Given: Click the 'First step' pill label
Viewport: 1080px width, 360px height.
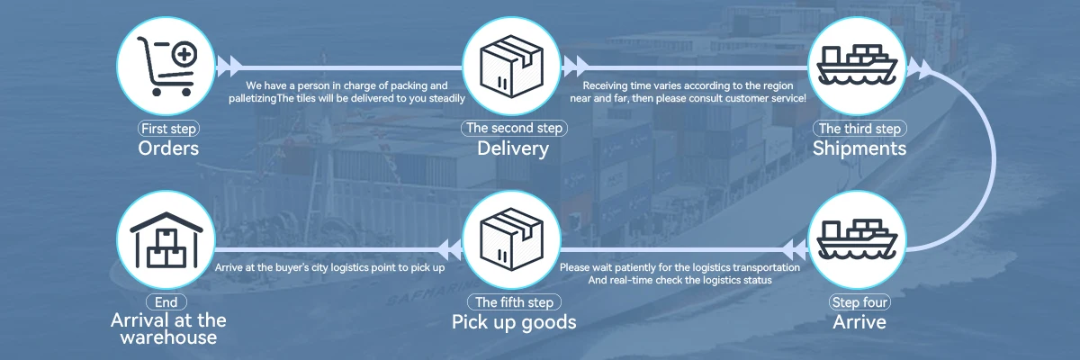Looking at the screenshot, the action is [168, 129].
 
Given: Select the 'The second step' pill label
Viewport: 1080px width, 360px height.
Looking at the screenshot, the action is [513, 129].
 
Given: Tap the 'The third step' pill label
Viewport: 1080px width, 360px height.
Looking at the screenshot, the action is [859, 129].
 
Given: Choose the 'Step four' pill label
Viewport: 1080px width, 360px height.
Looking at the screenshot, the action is [859, 302].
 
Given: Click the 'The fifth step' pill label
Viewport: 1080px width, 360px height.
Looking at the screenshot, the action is [513, 302].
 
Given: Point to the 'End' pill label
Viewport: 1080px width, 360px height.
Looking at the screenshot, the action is [168, 302].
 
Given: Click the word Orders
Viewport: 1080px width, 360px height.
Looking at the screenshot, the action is [168, 148].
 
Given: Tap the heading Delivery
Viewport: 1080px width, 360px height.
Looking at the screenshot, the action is [513, 148].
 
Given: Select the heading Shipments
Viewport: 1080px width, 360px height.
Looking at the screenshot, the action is [859, 148].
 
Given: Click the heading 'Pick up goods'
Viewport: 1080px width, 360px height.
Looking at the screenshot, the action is [513, 322].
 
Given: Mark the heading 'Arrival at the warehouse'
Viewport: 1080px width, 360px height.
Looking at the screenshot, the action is [168, 328].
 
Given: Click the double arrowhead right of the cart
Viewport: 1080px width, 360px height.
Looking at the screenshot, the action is [231, 65].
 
